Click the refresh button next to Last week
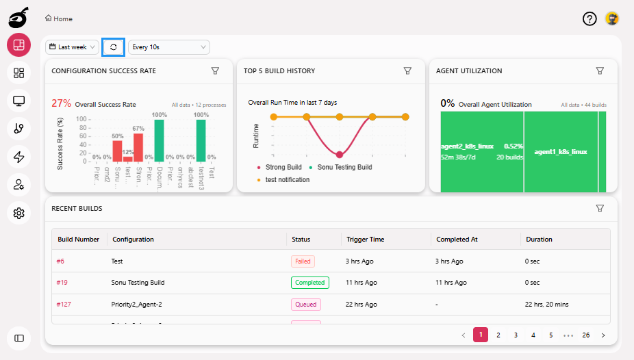point(113,47)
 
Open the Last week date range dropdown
point(73,47)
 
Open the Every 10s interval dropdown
point(168,47)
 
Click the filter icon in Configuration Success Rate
point(215,70)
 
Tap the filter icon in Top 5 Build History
point(407,70)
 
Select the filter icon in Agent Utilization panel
point(600,70)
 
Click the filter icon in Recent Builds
point(600,208)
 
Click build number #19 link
point(62,283)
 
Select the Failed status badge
point(302,261)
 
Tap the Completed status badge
point(309,283)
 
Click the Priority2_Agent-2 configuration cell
point(136,305)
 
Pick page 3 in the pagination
point(516,335)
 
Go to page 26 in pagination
point(586,335)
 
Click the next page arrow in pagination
point(603,335)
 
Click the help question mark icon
point(589,19)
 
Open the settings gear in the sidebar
point(19,214)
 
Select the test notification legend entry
point(287,179)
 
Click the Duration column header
point(539,240)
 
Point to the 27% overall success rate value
point(62,103)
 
